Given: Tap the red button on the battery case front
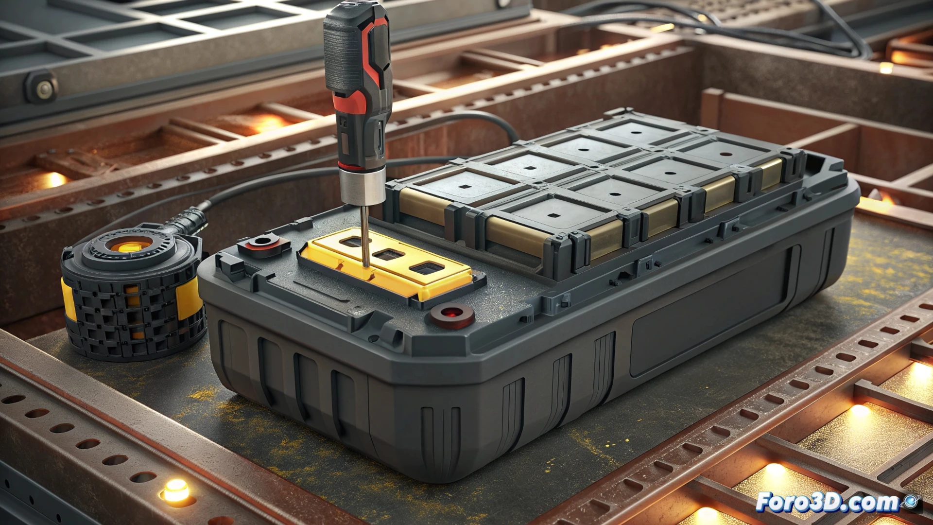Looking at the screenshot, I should click(451, 314).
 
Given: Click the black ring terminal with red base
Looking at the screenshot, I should click(263, 242).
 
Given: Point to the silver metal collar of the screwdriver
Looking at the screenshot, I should click(363, 187).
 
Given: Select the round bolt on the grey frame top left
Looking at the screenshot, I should click(44, 89).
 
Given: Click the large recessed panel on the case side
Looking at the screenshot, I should click(709, 311).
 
